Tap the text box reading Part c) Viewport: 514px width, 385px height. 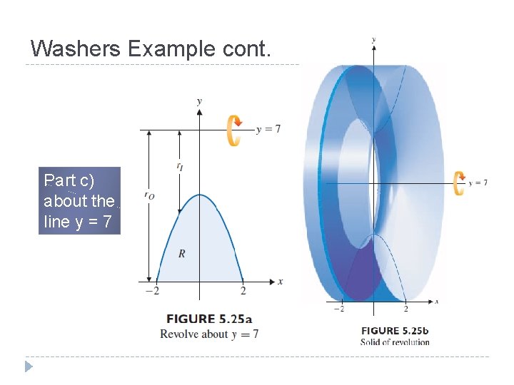pos(80,200)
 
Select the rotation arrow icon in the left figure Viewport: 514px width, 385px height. pos(234,130)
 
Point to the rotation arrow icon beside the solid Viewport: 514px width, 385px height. pos(459,183)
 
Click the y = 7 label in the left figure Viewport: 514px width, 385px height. pos(268,129)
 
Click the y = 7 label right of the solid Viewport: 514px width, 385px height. pos(478,183)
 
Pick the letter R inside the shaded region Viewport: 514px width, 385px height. pos(181,254)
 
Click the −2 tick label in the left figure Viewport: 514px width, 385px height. pos(151,291)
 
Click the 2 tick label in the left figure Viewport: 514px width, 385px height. pos(243,291)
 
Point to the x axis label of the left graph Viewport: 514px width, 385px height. pos(280,282)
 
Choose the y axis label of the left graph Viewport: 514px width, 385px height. pos(199,101)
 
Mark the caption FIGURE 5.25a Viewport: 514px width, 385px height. pos(209,319)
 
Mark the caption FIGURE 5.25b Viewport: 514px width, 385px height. pos(395,330)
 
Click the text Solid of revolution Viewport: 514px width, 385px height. pos(395,342)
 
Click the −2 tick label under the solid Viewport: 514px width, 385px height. pos(339,308)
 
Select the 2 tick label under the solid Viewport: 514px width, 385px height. pos(405,308)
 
